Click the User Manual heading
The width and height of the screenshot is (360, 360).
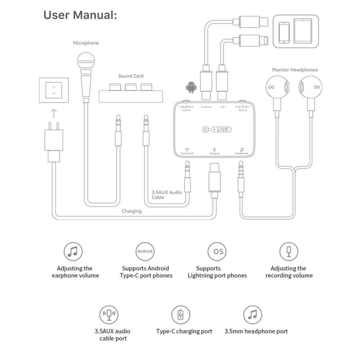tap(80, 15)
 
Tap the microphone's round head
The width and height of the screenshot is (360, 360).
tap(85, 60)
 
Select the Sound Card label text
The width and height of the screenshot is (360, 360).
tap(131, 76)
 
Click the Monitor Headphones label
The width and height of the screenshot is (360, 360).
tap(294, 70)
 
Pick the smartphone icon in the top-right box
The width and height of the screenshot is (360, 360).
tap(284, 32)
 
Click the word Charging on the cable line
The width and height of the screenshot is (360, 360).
tap(131, 211)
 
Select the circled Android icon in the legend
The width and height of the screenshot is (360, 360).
tap(144, 251)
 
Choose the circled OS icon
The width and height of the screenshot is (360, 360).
tap(217, 251)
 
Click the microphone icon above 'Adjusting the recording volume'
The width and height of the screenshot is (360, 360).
tap(288, 251)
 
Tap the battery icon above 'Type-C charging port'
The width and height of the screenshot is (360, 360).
tap(180, 315)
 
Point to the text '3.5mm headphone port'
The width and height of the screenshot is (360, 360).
tap(256, 332)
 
